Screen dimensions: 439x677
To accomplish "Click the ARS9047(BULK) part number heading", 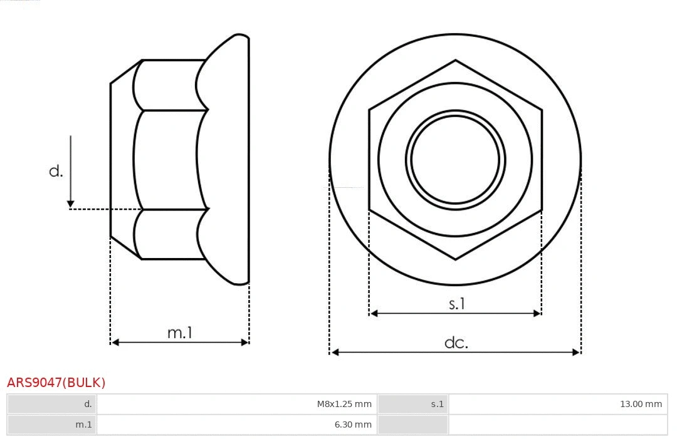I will tap(56, 382).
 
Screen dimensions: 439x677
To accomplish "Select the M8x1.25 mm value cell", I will tap(344, 404).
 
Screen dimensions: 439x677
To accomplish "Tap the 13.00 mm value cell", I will tap(641, 404).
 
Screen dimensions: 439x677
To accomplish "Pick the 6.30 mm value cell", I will tap(352, 424).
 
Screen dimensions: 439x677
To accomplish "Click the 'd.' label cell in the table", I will tap(88, 404).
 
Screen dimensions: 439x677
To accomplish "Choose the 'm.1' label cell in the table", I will tap(83, 424).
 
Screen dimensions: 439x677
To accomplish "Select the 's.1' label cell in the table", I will tap(437, 404).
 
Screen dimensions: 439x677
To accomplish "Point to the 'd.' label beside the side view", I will tap(56, 171).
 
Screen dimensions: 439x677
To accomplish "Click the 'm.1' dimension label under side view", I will tap(179, 333).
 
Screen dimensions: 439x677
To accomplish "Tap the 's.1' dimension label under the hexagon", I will tap(457, 304).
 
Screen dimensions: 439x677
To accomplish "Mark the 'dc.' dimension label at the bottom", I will tap(456, 343).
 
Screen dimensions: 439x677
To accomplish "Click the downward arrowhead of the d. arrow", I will tap(70, 204).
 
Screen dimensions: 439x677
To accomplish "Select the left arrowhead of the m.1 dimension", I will tap(115, 342).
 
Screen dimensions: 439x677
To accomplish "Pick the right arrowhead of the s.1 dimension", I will tap(537, 313).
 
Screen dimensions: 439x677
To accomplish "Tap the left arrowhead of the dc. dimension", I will tap(334, 353).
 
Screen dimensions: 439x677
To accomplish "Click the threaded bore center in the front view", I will tap(455, 159).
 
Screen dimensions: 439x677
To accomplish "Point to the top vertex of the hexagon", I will tap(455, 60).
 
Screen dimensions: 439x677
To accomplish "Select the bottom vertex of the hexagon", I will tap(455, 259).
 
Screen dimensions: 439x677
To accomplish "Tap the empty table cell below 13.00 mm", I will tap(557, 424).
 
